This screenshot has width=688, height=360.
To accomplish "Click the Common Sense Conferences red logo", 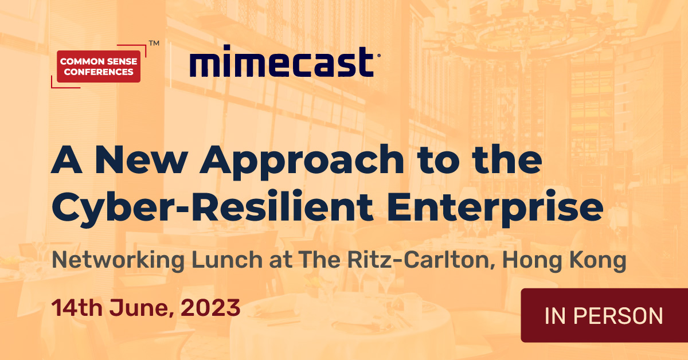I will (99, 66).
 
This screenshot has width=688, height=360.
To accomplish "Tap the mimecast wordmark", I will (282, 63).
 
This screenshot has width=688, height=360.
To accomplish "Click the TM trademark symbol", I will (154, 43).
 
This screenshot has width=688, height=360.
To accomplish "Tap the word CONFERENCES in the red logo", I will (99, 72).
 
